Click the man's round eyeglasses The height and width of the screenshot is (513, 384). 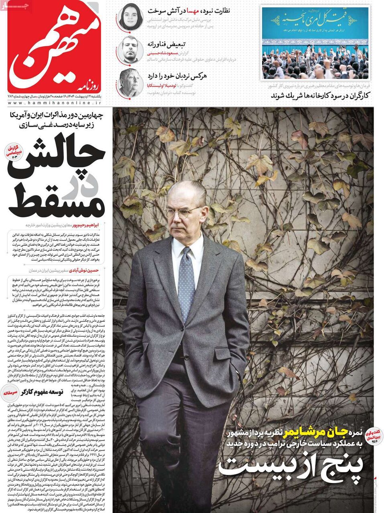coord(183,213)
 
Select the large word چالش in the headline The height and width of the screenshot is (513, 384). coord(62,154)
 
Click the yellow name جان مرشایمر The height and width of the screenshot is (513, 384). coord(313,432)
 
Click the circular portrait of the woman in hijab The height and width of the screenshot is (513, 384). coord(130,16)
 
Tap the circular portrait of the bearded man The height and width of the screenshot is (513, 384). coord(130,49)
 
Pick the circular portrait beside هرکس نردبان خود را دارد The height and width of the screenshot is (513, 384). coord(130,83)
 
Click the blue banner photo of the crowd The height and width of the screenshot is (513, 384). coord(315,42)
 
